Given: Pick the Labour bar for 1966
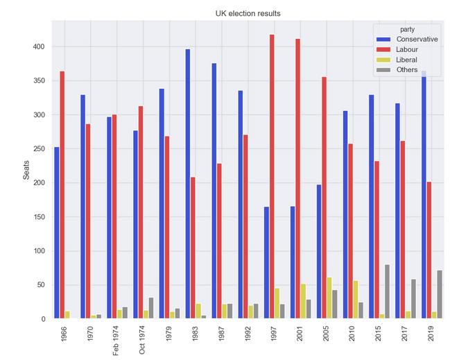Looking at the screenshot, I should click(62, 195).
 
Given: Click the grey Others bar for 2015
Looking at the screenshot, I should click(387, 291).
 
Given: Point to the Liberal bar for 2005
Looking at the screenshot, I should click(329, 298).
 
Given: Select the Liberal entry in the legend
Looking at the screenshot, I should click(407, 60).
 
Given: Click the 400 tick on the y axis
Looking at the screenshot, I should click(40, 47).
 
